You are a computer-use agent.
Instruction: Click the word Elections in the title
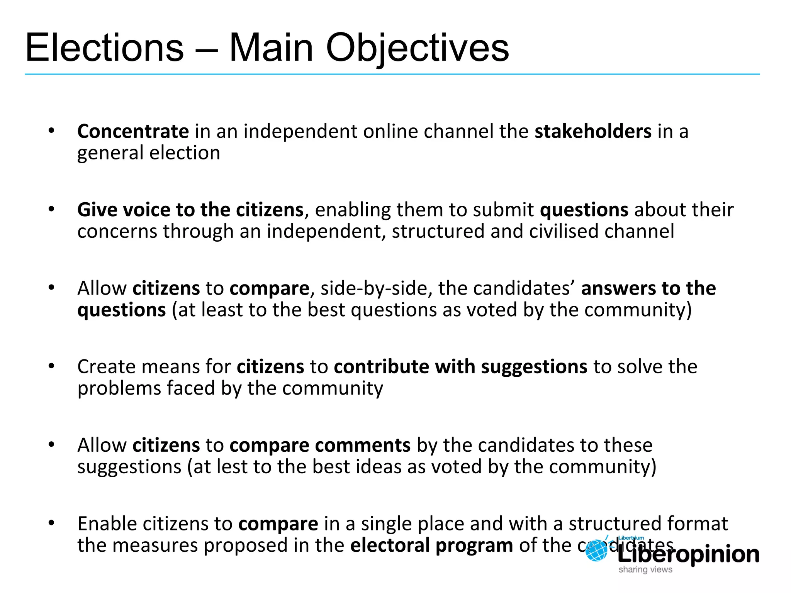coord(104,48)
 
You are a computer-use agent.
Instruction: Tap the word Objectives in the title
coord(417,48)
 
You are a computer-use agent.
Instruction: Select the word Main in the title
coord(271,48)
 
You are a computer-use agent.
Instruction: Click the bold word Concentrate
coord(133,131)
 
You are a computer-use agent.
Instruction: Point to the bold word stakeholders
coord(593,131)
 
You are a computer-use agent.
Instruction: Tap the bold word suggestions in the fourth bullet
coord(534,367)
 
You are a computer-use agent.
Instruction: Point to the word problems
coord(119,388)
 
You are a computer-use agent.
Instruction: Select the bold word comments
coord(363,445)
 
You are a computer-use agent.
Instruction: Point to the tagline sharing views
coord(645,570)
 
